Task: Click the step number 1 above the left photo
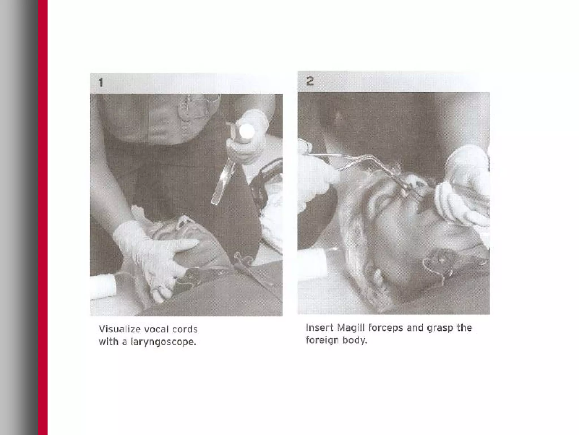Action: (101, 83)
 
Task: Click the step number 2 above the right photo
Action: (310, 81)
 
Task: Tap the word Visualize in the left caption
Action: (120, 329)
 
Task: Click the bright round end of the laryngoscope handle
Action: (247, 131)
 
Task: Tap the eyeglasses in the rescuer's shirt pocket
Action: (198, 106)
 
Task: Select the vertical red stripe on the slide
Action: (43, 217)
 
